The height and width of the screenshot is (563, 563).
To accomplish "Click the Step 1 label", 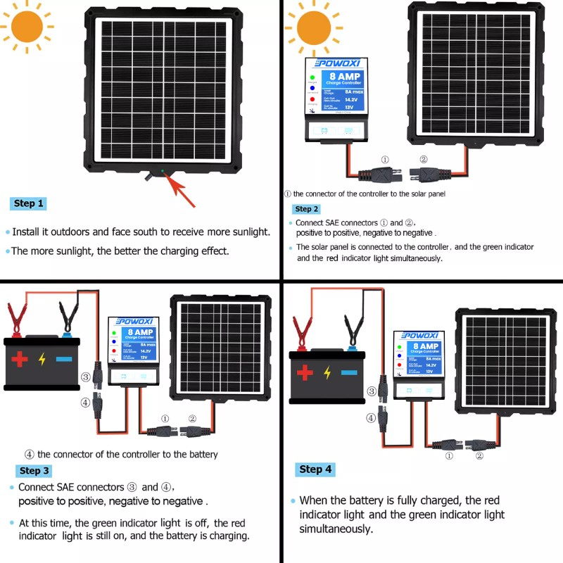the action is tap(29, 203).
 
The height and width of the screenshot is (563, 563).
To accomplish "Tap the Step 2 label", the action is tap(307, 209).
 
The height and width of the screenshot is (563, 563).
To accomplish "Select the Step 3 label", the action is tap(34, 471).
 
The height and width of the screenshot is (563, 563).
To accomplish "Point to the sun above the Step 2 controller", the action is tap(319, 27).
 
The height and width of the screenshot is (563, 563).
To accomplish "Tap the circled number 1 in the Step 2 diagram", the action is tap(384, 160).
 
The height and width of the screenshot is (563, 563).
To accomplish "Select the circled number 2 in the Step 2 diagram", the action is tap(423, 160).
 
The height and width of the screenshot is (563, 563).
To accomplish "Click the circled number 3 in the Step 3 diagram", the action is tap(86, 377).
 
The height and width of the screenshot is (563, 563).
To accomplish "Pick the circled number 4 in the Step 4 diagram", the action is tap(371, 417).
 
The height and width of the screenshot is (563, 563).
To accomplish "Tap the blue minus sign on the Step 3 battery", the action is tap(64, 359).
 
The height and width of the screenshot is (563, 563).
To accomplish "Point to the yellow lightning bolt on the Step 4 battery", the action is tap(327, 373).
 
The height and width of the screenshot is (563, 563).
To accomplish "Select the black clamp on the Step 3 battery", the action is tap(68, 314).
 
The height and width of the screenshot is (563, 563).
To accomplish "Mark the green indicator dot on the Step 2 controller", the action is tap(312, 77).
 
